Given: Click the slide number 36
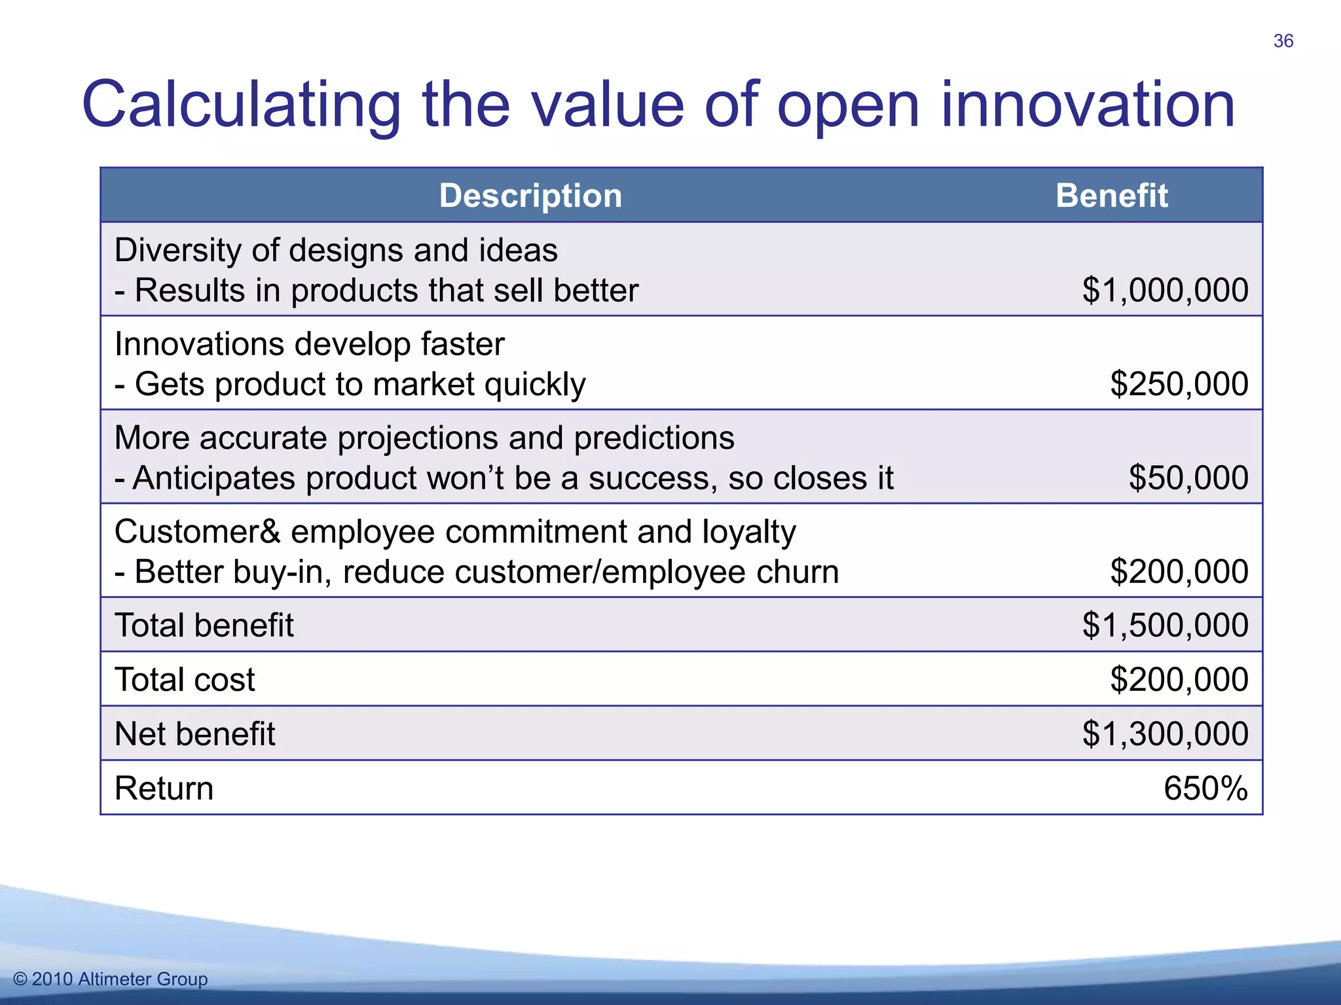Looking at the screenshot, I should [1283, 41].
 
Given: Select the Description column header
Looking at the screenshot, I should [530, 196].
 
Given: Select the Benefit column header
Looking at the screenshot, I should [1111, 196].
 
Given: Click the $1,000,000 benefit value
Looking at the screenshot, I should [1165, 290].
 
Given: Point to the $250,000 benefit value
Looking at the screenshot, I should [1179, 384].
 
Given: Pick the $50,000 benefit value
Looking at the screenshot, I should [1188, 478].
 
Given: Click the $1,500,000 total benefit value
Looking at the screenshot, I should [1165, 625].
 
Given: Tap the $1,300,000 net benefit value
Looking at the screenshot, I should [1165, 733].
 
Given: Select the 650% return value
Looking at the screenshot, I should [1205, 788].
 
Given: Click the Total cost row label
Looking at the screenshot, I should [185, 679].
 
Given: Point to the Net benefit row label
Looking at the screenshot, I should [194, 733].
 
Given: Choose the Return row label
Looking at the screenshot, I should [164, 788].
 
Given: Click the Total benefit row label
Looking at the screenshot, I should [204, 625].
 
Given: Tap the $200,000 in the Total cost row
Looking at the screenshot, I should [1179, 679].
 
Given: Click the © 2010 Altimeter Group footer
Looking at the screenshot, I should [110, 979].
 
